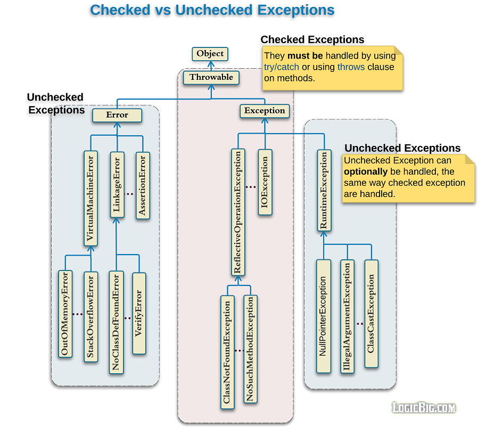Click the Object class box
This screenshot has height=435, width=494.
point(210,54)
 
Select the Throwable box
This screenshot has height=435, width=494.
point(211,77)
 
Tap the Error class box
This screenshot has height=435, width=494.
point(117,115)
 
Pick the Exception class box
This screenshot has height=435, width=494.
point(265,111)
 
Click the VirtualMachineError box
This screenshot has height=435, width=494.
point(92,198)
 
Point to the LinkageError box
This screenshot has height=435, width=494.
point(117,184)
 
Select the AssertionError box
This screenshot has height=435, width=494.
point(142,185)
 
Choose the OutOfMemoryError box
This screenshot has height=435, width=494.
point(65,314)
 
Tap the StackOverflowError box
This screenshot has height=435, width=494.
point(91,317)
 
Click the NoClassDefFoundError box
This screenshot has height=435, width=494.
point(116,322)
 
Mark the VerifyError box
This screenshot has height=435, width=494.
point(139,313)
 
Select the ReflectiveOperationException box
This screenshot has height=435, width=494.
point(238,212)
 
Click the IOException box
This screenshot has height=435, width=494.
point(265,182)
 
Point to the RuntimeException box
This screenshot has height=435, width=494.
point(324,191)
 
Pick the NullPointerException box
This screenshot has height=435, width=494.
point(323,316)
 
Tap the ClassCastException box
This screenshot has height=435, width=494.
point(372,314)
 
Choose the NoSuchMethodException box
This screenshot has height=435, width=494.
point(250,349)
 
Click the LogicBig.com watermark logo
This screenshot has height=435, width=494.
point(424,408)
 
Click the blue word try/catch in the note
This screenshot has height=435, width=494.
point(282,67)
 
